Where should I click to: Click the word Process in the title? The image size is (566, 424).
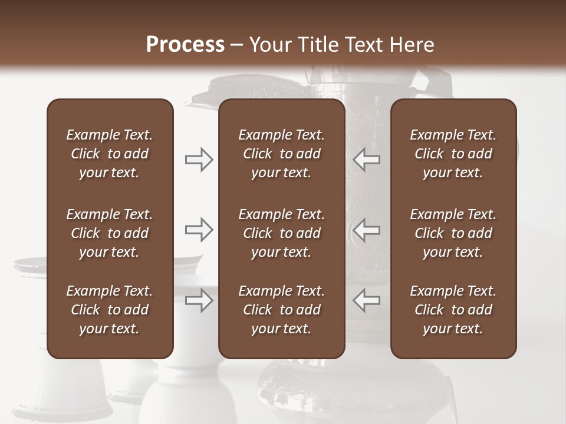(x=185, y=45)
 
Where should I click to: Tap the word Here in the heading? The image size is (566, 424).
(x=412, y=45)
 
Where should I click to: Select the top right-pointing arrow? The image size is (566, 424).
(x=199, y=159)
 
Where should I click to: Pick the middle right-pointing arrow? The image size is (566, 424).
(x=199, y=230)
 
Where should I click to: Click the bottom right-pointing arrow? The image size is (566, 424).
(x=199, y=300)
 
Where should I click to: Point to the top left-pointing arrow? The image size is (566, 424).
(x=366, y=159)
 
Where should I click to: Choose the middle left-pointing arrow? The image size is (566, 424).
(x=366, y=230)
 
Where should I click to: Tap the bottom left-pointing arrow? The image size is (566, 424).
(x=366, y=300)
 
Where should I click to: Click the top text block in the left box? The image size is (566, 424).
(x=110, y=154)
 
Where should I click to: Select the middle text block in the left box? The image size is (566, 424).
(x=110, y=233)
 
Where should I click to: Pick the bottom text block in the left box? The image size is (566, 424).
(x=110, y=310)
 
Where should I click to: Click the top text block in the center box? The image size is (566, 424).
(x=282, y=154)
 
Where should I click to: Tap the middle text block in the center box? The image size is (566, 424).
(x=282, y=233)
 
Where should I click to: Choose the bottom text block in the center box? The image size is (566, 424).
(x=282, y=310)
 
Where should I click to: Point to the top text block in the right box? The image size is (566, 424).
(x=453, y=154)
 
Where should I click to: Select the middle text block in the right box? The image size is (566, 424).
(x=453, y=233)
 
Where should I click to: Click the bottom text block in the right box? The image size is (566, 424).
(x=453, y=310)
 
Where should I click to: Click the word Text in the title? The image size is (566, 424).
(x=363, y=45)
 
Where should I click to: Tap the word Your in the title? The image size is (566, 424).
(x=269, y=45)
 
